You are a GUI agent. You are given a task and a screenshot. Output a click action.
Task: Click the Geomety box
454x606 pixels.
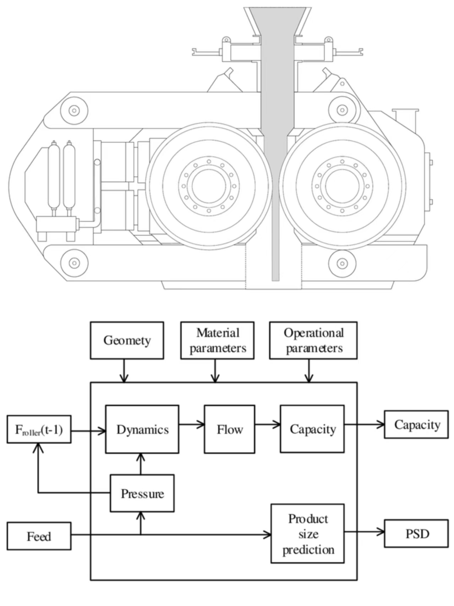pos(127,340)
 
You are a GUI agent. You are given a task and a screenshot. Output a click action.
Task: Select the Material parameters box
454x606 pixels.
pos(217,340)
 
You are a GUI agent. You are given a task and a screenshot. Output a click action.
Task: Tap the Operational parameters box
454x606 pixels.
pos(313,340)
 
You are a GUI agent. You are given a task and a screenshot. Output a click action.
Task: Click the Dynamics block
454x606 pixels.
pos(142,429)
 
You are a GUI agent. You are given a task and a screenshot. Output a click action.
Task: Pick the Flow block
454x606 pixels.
pos(229,429)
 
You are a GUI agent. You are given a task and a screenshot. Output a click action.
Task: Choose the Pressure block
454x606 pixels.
pos(142,493)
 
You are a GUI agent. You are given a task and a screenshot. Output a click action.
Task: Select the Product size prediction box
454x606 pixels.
pos(308,534)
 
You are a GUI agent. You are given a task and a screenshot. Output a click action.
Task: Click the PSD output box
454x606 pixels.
pos(416,534)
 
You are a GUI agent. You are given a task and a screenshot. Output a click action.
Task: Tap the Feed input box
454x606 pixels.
pos(39,536)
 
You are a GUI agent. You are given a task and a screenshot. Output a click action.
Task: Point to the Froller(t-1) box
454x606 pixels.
pos(39,429)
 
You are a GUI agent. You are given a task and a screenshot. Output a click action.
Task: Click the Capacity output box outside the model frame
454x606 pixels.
pos(416,424)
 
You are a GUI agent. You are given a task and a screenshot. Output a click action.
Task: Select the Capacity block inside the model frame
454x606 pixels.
pos(312,429)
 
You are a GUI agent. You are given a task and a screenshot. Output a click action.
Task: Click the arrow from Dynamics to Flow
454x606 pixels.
pos(192,424)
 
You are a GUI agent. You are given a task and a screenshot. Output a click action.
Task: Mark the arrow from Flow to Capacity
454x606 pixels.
pos(268,424)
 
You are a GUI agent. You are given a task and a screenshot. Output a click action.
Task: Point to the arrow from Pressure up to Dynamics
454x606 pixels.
pos(141,464)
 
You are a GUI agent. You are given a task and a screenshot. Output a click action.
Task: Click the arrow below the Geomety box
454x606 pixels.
pos(124,371)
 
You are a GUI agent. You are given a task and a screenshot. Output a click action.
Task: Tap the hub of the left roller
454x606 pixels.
pos(209,186)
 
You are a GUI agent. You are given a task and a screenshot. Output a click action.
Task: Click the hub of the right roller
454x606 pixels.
pos(342,186)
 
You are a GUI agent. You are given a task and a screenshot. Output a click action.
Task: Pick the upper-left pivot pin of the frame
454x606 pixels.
pos(74,110)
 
